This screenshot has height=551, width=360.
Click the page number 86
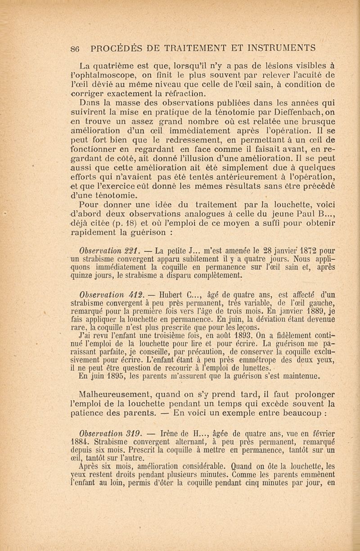pos(76,47)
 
